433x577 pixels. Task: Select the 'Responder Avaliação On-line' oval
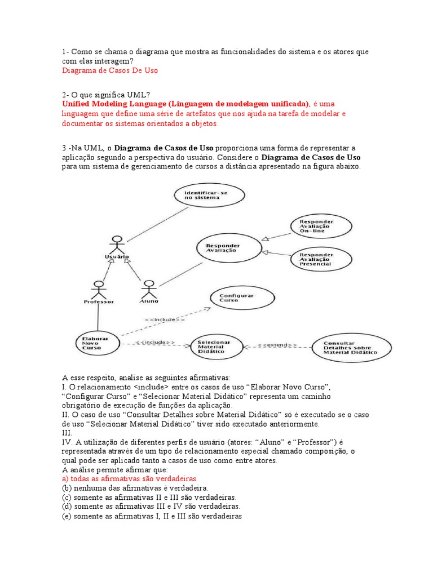click(x=316, y=226)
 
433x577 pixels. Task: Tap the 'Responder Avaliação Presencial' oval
click(x=316, y=258)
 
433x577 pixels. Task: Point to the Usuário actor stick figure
click(x=117, y=245)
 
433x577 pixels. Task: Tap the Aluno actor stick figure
click(x=149, y=288)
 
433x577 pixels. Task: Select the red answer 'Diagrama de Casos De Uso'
click(x=110, y=70)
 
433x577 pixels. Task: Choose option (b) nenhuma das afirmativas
click(x=135, y=487)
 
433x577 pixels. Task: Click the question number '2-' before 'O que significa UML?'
click(x=66, y=94)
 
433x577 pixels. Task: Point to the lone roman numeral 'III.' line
click(x=67, y=433)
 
